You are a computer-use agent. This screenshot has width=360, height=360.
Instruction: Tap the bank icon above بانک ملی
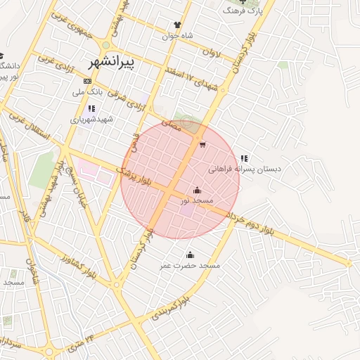[86, 82]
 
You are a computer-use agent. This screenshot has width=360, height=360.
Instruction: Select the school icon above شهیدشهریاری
[91, 109]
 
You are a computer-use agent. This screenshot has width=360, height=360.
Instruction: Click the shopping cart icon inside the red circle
[202, 146]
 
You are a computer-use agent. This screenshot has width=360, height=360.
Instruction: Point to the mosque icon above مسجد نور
[197, 191]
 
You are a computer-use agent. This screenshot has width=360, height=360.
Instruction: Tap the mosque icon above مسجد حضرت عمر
[189, 255]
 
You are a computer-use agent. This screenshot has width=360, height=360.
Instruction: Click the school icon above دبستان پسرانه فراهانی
[245, 159]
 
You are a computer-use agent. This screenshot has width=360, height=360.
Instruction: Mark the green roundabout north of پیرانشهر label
[106, 45]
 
